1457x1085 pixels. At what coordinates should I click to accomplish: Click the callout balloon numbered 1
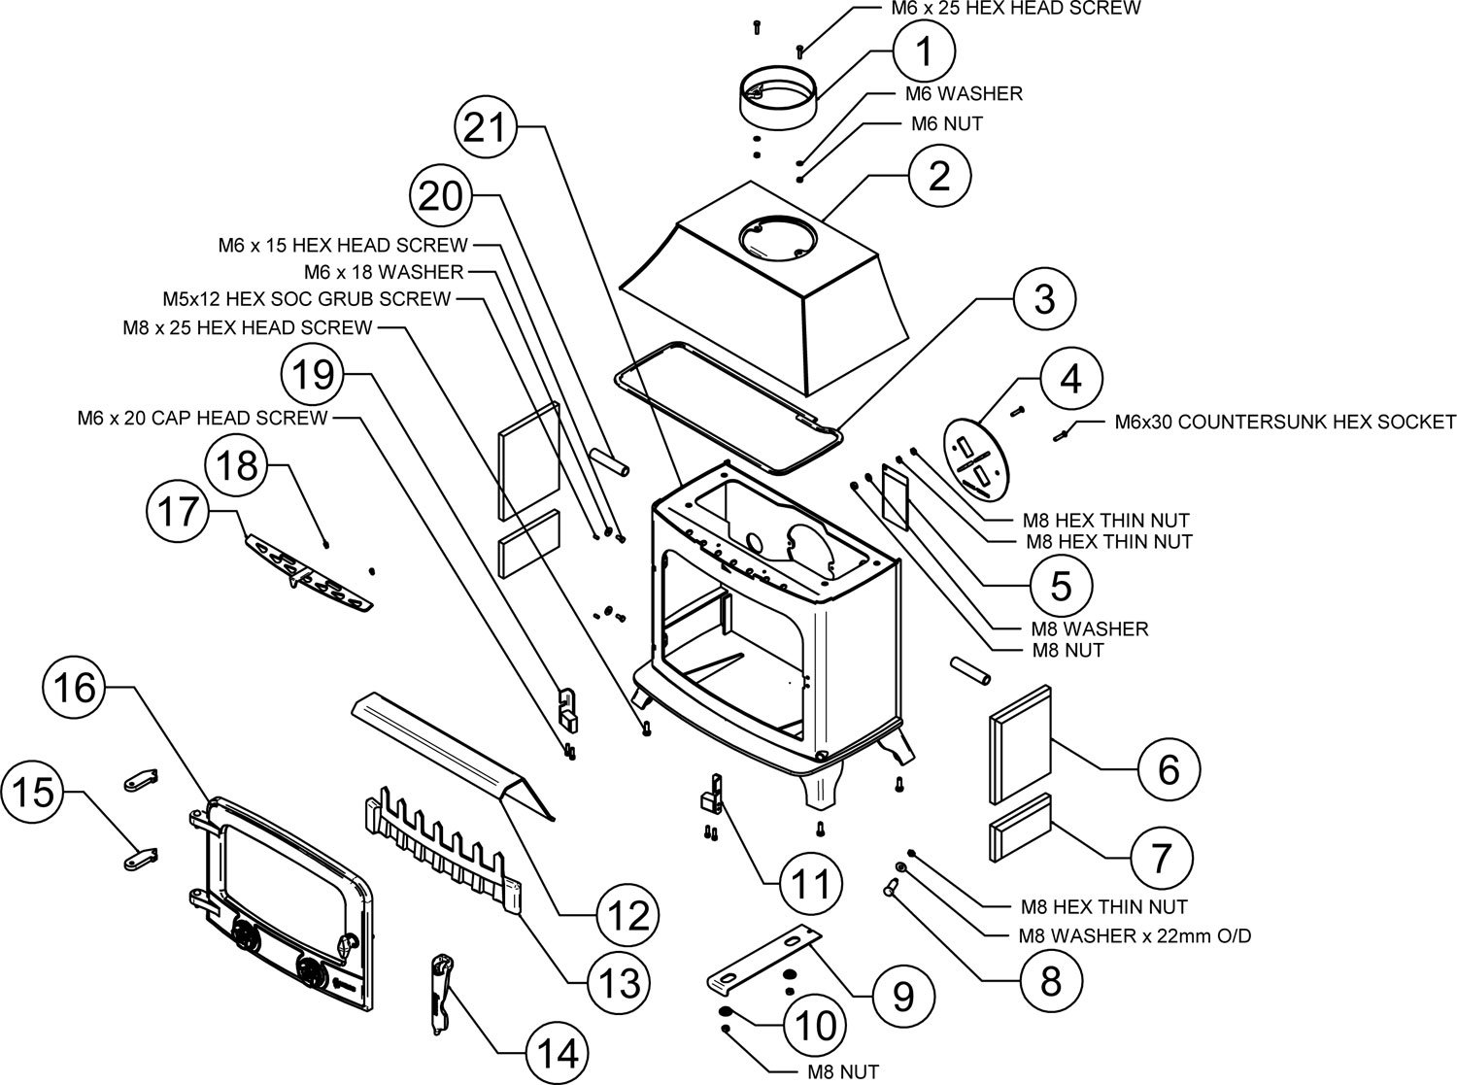925,50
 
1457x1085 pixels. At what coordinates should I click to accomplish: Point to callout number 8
1051,980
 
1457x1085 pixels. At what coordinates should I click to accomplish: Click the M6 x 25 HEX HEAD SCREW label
1016,9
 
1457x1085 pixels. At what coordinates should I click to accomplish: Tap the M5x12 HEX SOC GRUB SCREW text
306,299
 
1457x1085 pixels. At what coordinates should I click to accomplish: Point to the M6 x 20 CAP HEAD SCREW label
202,419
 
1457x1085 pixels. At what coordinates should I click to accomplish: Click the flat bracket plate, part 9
762,961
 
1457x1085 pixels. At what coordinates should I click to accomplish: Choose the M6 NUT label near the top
946,123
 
